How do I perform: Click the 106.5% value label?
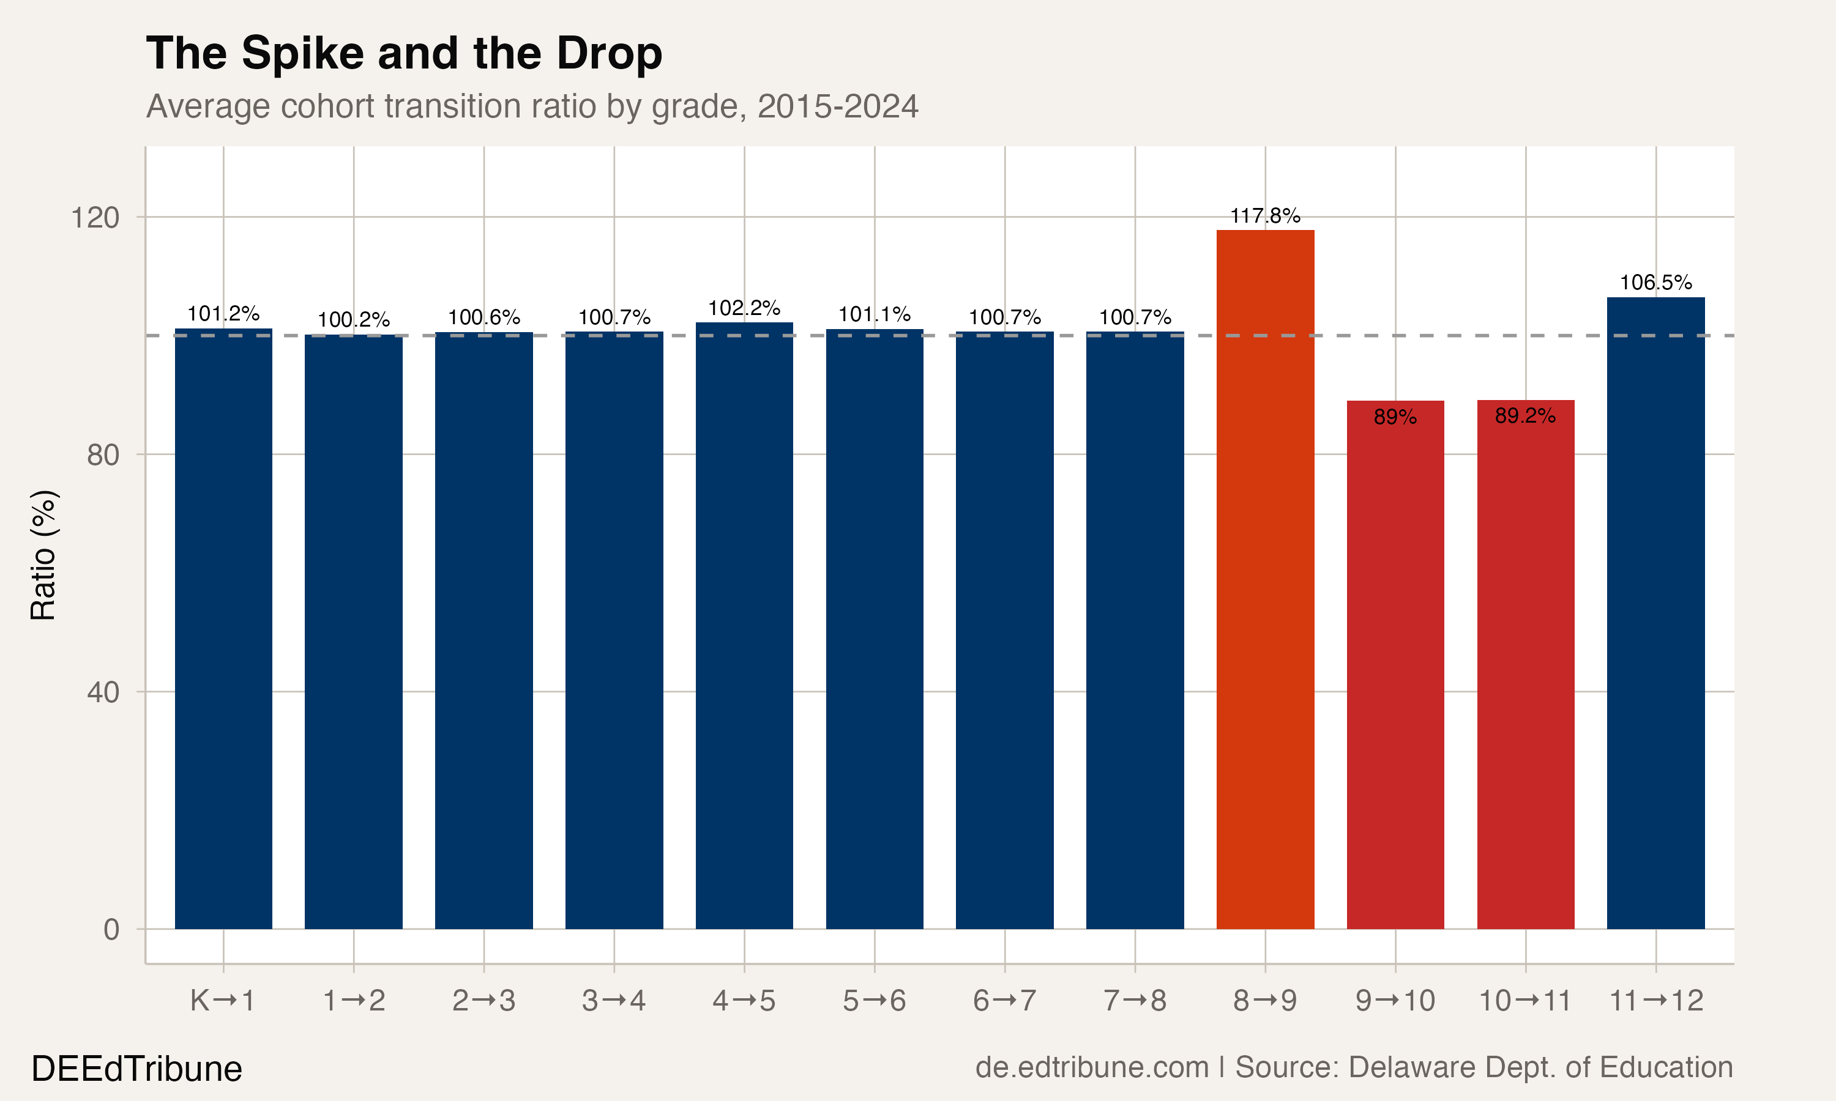[1655, 283]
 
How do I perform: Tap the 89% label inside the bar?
[1395, 417]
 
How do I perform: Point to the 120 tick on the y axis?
[95, 217]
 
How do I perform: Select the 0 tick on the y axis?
[111, 929]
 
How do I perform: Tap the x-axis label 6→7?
[1004, 1001]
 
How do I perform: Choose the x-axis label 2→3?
[484, 1001]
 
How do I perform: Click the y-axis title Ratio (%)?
[43, 555]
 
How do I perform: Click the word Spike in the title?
[303, 54]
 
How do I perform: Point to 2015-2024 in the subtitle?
[837, 106]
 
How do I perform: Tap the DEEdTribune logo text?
[136, 1069]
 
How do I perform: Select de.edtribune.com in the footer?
[1092, 1067]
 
